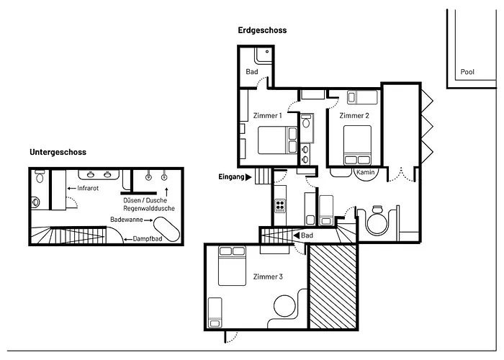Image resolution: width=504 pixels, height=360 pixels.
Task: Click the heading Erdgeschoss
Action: tap(263, 30)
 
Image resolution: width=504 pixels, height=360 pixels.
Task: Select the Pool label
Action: tap(468, 73)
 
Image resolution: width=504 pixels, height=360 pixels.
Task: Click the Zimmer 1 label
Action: tap(268, 115)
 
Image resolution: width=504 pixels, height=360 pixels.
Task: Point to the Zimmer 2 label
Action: tap(354, 115)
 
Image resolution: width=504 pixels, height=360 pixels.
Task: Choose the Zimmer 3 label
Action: tap(268, 276)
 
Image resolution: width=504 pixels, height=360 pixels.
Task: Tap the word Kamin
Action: tap(364, 173)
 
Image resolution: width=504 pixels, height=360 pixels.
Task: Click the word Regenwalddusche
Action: tap(149, 208)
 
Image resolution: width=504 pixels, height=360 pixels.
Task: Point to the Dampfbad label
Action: tap(148, 238)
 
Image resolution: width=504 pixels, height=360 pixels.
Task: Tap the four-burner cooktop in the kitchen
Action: tap(279, 207)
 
